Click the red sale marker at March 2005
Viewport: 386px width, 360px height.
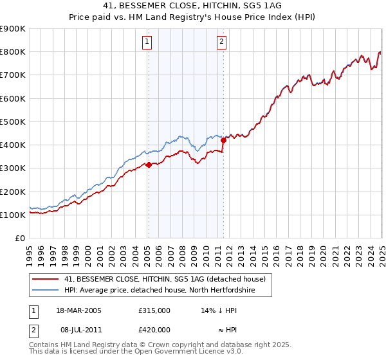coord(149,165)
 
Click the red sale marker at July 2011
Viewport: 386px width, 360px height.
coord(223,139)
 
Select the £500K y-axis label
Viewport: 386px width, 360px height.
coord(13,122)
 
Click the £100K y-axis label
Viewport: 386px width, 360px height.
coord(13,215)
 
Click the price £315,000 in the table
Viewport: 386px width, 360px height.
coord(154,310)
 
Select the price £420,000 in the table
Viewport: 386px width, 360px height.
coord(154,330)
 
